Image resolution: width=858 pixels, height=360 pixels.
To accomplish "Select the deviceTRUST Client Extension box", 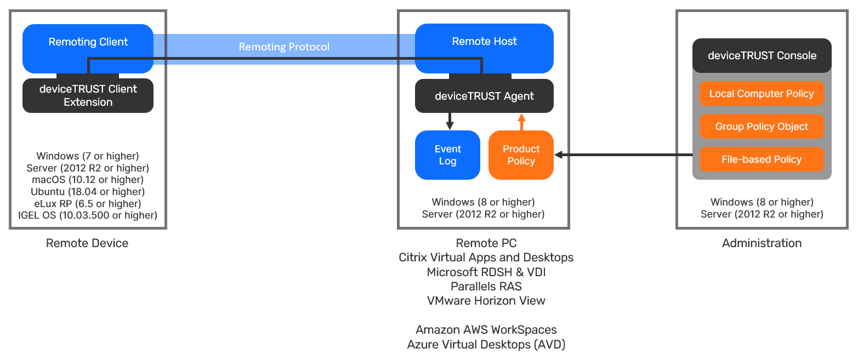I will [x=88, y=96].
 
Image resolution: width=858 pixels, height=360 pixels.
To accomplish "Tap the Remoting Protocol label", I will [x=284, y=47].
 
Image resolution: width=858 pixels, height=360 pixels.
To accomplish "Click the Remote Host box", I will [x=484, y=42].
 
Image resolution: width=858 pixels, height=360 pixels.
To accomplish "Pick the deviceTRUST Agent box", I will [x=484, y=96].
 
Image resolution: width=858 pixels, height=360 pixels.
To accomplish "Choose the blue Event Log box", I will [x=447, y=155].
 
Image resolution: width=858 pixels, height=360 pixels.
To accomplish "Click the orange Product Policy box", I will [x=521, y=155].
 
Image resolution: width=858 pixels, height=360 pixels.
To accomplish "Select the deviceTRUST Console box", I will [x=762, y=55].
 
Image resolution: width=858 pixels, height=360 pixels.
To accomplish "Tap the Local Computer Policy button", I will [x=762, y=94].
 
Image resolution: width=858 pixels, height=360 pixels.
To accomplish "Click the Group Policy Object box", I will [x=762, y=127].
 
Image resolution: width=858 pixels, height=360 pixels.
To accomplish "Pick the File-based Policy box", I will [x=762, y=159].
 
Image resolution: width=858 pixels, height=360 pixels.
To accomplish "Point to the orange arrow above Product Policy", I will [x=521, y=121].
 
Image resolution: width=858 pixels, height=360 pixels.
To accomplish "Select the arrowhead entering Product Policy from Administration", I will [x=559, y=156].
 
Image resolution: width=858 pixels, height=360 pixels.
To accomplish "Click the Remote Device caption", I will [x=87, y=243].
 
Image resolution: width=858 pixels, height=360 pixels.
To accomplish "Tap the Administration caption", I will [x=762, y=243].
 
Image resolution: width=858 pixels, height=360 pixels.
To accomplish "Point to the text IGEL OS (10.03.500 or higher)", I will [x=88, y=215].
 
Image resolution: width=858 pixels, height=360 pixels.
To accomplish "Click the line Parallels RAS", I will [x=486, y=286].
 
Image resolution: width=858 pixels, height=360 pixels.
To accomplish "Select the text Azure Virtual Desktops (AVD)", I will [x=486, y=345].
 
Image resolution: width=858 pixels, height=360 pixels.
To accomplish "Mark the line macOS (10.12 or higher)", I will [x=88, y=180].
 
